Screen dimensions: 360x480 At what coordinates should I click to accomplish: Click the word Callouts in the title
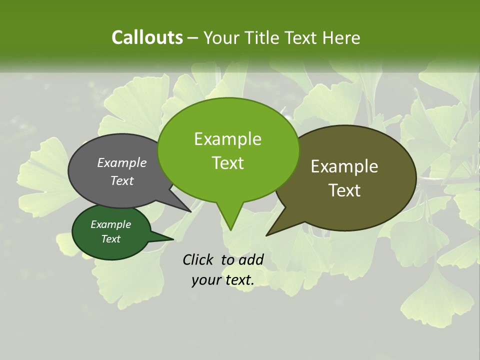tap(147, 37)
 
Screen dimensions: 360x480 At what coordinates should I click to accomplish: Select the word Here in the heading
tap(342, 37)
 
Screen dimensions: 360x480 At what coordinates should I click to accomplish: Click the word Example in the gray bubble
tap(122, 162)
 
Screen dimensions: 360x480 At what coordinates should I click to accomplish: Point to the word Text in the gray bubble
tap(122, 180)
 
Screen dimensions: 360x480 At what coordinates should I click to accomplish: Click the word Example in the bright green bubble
tap(227, 139)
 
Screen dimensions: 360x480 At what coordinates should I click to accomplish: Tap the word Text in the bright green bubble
tap(227, 162)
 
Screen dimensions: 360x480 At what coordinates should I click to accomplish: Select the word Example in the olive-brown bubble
tap(344, 166)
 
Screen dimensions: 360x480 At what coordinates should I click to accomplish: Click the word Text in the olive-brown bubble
tap(344, 190)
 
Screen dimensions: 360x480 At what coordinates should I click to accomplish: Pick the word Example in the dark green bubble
tap(111, 224)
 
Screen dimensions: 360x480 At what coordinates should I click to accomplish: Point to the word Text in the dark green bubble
tap(111, 239)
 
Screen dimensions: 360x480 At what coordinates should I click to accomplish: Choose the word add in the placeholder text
tap(251, 259)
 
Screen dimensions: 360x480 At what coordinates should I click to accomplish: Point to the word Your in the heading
tap(221, 37)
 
